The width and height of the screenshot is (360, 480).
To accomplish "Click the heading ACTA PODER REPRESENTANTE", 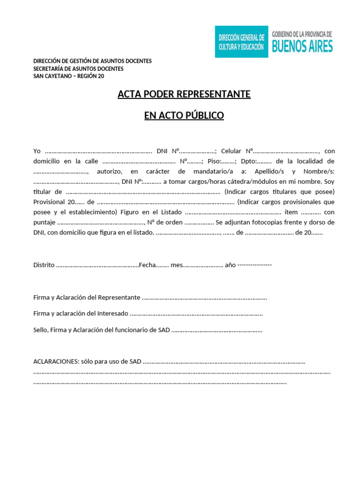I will [184, 94].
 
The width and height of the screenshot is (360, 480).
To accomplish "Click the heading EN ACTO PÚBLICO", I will [184, 115].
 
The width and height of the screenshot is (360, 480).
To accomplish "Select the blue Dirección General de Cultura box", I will [241, 42].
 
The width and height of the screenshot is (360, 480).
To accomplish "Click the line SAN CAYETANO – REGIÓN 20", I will [69, 76].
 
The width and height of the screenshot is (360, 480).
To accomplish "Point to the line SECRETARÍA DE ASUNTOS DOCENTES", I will [78, 68].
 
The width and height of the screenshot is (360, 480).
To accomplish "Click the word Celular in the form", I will [231, 151].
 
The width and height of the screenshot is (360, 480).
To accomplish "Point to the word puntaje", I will [45, 223].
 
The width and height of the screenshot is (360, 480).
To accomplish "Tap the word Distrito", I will [44, 265].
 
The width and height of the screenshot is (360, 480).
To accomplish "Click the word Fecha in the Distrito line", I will [147, 265].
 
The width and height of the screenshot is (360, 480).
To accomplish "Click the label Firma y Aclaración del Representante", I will [87, 298].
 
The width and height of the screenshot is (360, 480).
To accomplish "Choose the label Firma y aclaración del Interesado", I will [81, 314].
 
